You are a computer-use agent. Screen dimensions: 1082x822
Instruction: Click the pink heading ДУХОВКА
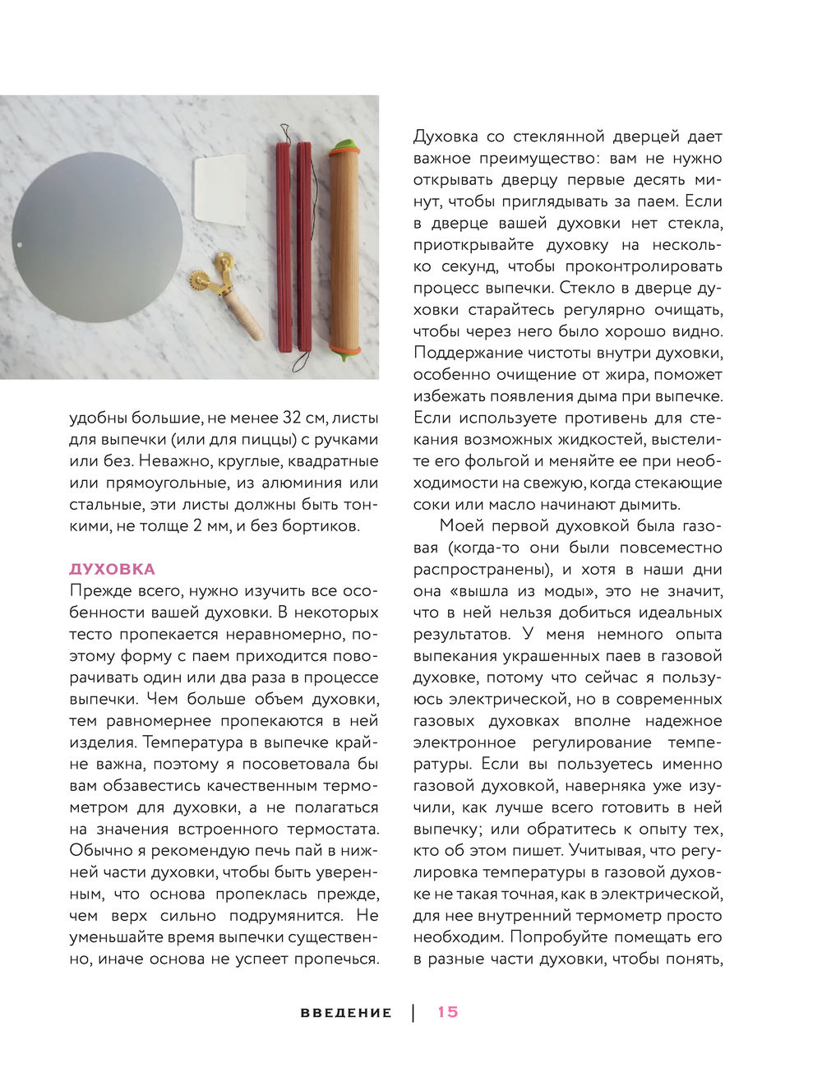(x=113, y=569)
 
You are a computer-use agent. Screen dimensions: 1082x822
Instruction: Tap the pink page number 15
(x=448, y=1012)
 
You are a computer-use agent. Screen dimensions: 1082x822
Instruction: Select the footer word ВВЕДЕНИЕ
(x=346, y=1013)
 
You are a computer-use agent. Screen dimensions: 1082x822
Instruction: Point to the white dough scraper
(x=219, y=189)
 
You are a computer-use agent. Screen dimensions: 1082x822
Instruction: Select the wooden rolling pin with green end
(x=344, y=247)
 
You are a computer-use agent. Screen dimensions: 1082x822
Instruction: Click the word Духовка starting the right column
(x=450, y=136)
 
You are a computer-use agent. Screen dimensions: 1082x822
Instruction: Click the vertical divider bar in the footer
(x=413, y=1012)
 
